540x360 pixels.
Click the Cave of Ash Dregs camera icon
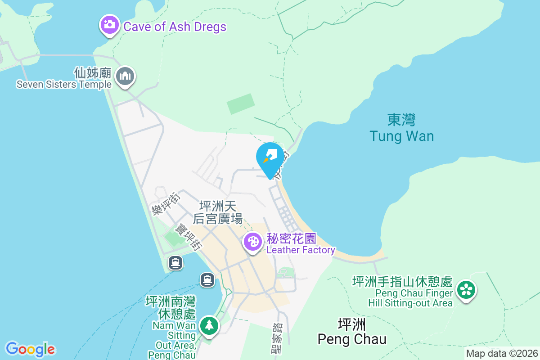[x=109, y=25]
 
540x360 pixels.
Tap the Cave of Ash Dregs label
[x=175, y=27]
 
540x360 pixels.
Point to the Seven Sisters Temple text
[x=64, y=84]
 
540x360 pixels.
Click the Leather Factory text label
[x=301, y=250]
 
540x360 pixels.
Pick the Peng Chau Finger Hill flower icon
[x=466, y=290]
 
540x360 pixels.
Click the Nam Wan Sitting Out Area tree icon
[x=208, y=325]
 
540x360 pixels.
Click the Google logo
[x=30, y=349]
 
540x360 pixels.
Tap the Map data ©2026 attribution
[x=501, y=353]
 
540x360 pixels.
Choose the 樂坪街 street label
[x=165, y=203]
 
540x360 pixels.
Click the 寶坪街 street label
[x=189, y=237]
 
